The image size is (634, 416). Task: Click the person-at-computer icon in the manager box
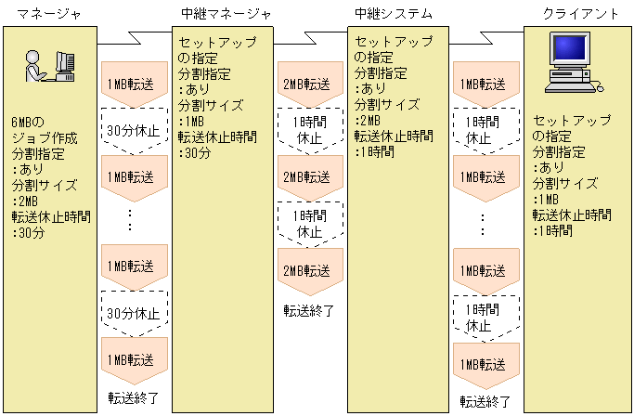coord(49,67)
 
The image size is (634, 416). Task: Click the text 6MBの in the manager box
coord(27,123)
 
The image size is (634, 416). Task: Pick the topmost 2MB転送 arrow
coord(305,84)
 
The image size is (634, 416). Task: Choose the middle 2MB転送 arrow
coord(305,176)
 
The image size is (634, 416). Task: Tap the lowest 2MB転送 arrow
coord(305,270)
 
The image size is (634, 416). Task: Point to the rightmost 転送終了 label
coord(485,401)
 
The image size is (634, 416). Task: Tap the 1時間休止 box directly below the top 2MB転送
coord(307,130)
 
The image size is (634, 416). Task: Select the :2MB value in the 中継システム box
coord(368,122)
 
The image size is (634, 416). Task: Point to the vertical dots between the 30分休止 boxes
coord(131,220)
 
